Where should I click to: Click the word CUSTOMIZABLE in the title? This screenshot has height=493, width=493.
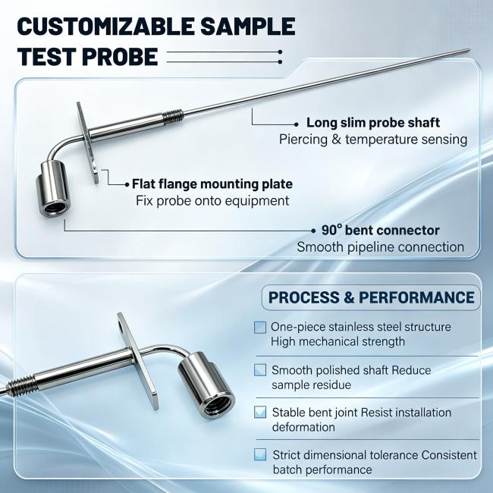[107, 26]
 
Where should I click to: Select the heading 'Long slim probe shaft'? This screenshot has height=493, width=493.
[373, 123]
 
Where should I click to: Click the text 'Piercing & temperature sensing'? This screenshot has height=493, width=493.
[373, 140]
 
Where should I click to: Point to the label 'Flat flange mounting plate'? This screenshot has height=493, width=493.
[212, 184]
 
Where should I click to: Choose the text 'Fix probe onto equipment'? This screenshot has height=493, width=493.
[212, 201]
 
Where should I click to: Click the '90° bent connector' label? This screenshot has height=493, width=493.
[381, 231]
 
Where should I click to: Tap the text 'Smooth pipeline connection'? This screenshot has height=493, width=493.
[381, 247]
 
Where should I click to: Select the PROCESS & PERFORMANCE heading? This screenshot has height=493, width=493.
[372, 297]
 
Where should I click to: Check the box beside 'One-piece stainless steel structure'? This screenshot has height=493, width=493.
[260, 328]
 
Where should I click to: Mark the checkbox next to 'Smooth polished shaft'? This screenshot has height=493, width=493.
[260, 370]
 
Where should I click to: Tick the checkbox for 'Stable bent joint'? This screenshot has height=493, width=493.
[260, 412]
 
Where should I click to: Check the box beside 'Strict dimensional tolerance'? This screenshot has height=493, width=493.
[260, 454]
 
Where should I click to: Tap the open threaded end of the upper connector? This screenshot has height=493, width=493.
[55, 208]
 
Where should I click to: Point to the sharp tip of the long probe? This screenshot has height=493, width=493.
[469, 49]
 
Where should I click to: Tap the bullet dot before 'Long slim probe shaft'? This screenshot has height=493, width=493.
[296, 124]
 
